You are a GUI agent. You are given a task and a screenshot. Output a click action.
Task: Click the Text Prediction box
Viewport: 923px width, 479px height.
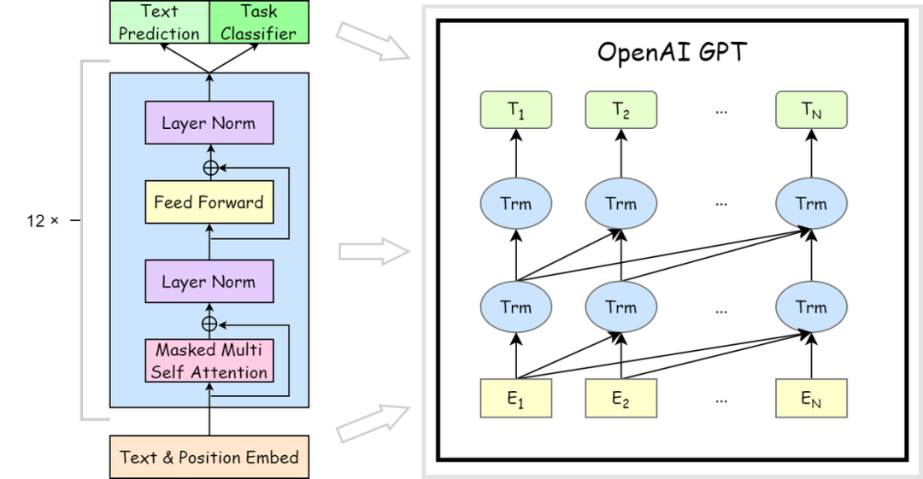click(x=160, y=22)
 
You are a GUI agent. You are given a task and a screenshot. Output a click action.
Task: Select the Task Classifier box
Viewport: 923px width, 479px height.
click(x=259, y=22)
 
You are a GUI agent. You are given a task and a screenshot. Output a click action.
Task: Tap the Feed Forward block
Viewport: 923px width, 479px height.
click(x=209, y=202)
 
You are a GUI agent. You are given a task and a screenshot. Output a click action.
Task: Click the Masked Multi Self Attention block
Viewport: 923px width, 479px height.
click(x=209, y=360)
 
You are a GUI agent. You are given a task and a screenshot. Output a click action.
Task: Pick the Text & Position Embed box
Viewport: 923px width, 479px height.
click(x=209, y=458)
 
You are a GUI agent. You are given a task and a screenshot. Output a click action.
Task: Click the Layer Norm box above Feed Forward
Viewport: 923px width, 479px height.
click(x=209, y=122)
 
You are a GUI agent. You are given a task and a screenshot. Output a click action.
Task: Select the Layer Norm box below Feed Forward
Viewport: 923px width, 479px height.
click(x=209, y=281)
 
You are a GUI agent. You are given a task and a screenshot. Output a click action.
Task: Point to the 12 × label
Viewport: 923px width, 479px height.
click(x=43, y=220)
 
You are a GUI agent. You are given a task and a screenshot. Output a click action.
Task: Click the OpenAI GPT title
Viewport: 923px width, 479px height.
click(x=672, y=52)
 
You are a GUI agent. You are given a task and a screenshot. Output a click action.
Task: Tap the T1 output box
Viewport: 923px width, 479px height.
click(x=516, y=109)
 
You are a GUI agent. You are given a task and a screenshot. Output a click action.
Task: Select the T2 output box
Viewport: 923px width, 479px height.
click(x=621, y=109)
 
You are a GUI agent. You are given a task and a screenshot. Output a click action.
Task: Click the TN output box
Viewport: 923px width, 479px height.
click(x=812, y=109)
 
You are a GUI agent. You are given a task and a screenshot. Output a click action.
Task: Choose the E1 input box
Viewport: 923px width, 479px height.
click(x=516, y=399)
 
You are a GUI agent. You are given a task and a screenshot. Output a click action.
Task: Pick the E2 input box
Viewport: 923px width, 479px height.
click(x=621, y=399)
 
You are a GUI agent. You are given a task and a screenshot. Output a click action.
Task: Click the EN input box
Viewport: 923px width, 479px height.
click(x=812, y=399)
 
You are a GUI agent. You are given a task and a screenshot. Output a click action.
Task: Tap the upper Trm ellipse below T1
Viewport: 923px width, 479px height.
click(x=516, y=203)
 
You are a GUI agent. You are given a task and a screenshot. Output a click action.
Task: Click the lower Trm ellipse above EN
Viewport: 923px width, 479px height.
click(x=812, y=307)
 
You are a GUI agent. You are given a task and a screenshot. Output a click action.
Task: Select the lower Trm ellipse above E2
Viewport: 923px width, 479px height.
click(x=621, y=307)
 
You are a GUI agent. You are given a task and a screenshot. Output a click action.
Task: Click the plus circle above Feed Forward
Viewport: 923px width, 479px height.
click(x=210, y=168)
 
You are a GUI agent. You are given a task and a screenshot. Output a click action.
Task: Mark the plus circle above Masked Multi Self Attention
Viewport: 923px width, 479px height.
click(x=209, y=324)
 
